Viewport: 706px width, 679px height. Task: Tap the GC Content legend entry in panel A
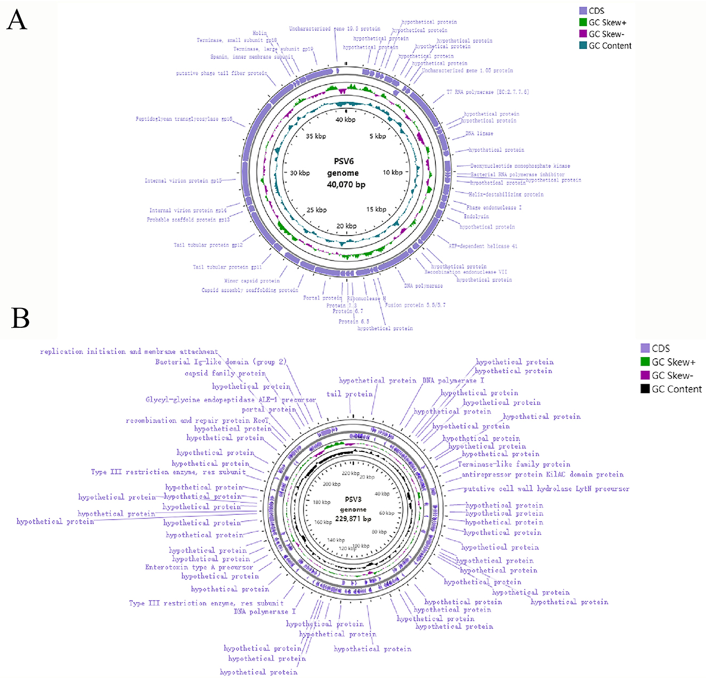pos(610,46)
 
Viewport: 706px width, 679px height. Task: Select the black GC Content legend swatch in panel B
pos(645,389)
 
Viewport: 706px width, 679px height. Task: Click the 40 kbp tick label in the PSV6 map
pos(345,120)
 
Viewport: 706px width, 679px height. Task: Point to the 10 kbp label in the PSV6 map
pos(393,172)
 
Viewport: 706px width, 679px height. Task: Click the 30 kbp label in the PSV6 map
pos(299,173)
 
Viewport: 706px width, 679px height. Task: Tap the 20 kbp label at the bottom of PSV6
pos(346,226)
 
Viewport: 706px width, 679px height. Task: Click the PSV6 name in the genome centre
pos(344,161)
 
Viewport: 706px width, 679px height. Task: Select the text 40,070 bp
pos(346,185)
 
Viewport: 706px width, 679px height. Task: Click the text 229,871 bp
pos(353,519)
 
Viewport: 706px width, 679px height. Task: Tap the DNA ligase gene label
pos(479,134)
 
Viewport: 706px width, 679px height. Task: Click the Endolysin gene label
pos(476,216)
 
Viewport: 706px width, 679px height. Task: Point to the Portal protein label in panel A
pos(322,298)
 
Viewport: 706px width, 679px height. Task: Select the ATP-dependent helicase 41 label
pos(483,246)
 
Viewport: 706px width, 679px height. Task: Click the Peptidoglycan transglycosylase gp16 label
pos(184,119)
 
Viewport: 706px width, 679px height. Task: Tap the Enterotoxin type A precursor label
pos(199,568)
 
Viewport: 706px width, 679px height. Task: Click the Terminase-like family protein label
pos(514,464)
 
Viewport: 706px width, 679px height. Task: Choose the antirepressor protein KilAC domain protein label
pos(542,474)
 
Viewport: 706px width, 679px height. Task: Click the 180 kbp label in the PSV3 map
pos(321,502)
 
